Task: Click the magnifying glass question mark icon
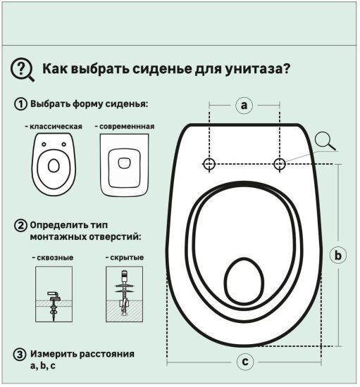23,69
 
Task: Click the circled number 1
21,105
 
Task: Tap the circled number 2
21,226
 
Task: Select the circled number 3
21,353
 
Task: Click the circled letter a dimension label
244,106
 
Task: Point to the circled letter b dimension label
338,255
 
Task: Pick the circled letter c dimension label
244,362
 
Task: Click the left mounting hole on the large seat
209,164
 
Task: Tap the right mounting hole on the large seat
280,164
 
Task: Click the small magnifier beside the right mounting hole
325,141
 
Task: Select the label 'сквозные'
54,258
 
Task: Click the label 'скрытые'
126,258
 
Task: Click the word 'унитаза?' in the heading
259,70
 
